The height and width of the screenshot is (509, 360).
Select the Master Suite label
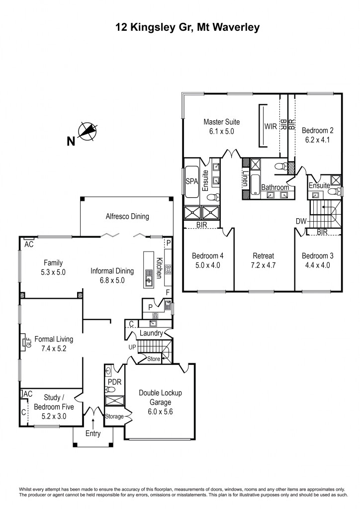tap(222, 122)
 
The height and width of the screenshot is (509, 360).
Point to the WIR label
tap(270, 126)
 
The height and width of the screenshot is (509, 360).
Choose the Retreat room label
tap(264, 256)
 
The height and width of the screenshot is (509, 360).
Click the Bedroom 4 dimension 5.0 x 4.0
tap(207, 265)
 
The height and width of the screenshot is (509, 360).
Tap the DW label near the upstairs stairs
tap(301, 221)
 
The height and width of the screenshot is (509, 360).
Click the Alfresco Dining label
tap(127, 216)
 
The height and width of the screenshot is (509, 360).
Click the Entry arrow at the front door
tap(93, 423)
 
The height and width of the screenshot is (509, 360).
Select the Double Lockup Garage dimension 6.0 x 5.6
tap(160, 412)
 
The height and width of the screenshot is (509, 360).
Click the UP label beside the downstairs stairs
tap(132, 346)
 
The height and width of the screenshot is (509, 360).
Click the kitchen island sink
tap(148, 281)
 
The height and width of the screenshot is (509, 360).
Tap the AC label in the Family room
tap(29, 245)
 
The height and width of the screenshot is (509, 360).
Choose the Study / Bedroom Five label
tap(54, 403)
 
